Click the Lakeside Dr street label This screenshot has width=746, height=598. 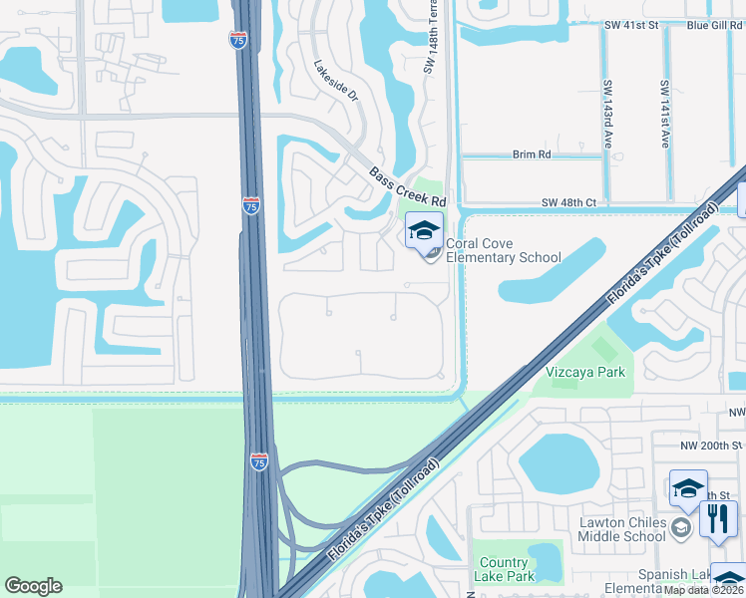click(335, 81)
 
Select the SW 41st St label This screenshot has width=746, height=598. click(631, 23)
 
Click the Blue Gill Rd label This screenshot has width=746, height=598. click(714, 23)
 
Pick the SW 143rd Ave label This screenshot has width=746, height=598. click(606, 114)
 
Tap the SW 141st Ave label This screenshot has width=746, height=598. click(664, 114)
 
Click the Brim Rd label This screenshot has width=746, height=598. click(532, 154)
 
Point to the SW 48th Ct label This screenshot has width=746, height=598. click(568, 202)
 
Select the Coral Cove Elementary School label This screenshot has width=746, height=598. click(504, 250)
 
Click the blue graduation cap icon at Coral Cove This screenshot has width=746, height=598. click(424, 231)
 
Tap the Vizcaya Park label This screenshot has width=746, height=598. click(585, 372)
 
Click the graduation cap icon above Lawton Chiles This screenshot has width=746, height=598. click(688, 488)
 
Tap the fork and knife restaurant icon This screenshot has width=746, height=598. click(718, 518)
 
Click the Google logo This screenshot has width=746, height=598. click(33, 586)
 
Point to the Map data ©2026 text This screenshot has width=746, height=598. click(704, 589)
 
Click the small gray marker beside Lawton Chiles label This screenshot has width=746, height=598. click(681, 527)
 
